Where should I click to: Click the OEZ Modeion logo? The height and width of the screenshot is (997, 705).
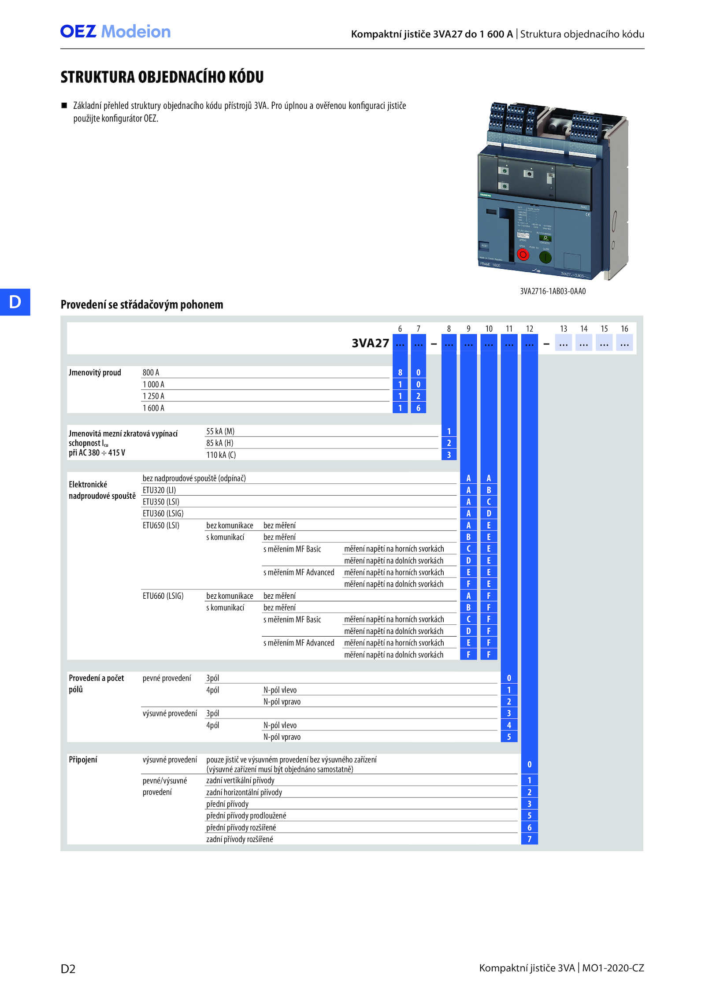tap(115, 32)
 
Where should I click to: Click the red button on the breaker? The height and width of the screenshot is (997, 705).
tap(523, 255)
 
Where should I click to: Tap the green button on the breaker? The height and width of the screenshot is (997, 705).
tap(545, 257)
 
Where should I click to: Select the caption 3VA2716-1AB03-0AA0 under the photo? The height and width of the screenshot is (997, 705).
tap(553, 291)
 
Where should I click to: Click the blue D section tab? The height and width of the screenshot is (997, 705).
tap(15, 302)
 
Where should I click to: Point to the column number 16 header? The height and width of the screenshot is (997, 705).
tap(624, 329)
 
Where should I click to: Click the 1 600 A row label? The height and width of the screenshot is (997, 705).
tap(153, 408)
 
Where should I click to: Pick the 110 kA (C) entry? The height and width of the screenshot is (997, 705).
tap(221, 455)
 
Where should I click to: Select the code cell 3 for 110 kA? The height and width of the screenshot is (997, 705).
tap(449, 455)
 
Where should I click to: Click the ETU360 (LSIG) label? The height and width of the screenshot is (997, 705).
tap(163, 513)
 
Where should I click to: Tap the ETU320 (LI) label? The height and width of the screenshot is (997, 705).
tap(159, 490)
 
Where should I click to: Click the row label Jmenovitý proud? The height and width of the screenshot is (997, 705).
tap(95, 373)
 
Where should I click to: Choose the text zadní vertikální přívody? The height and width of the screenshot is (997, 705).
tap(240, 781)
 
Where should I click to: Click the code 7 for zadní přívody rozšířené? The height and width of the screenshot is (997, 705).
tap(529, 839)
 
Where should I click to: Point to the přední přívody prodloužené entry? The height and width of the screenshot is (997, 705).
tap(246, 816)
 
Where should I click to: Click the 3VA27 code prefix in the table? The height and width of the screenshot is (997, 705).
tap(370, 343)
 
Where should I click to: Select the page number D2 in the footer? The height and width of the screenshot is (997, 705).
tap(68, 969)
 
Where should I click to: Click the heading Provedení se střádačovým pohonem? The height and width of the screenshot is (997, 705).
tap(142, 304)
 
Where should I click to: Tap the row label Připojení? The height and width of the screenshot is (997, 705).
tap(83, 760)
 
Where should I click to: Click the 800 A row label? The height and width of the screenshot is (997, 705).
tap(151, 373)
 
